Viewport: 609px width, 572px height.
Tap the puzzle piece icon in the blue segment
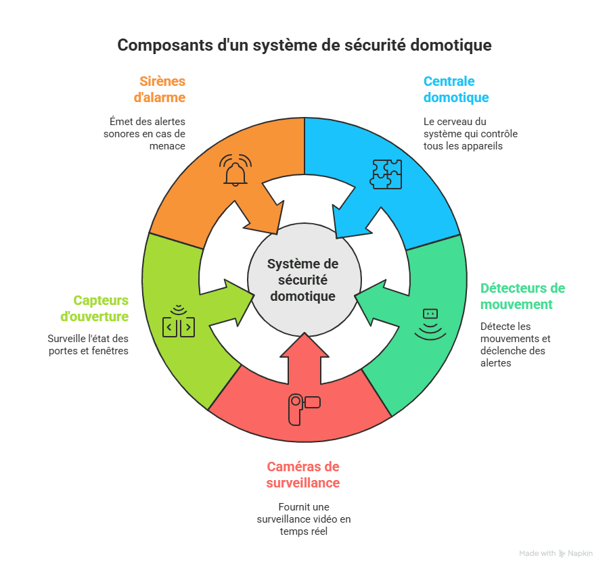point(386,174)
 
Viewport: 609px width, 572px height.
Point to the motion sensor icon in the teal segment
point(430,325)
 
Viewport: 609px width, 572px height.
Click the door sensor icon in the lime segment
point(179,321)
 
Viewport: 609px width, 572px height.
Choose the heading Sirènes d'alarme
point(160,89)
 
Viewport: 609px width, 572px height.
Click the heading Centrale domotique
point(456,89)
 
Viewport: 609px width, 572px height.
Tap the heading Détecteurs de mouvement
point(522,296)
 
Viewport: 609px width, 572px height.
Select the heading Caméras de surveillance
point(303,475)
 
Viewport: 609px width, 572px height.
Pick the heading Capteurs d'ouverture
point(94,308)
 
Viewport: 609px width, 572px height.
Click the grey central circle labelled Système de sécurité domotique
point(304,279)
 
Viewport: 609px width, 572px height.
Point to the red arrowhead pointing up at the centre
point(304,345)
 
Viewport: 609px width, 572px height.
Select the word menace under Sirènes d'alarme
point(167,146)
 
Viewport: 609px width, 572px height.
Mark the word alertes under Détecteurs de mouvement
point(495,363)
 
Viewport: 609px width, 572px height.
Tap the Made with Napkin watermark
point(556,553)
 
